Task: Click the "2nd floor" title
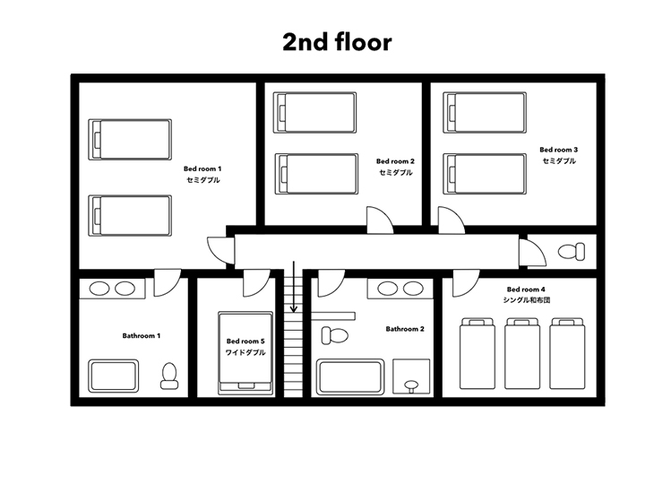[337, 42]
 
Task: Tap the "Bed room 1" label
[202, 169]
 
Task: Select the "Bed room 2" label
[395, 161]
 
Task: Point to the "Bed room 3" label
[558, 150]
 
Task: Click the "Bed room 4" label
[526, 290]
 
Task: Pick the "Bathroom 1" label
[142, 335]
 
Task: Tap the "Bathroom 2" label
[405, 329]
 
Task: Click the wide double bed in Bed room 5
[245, 353]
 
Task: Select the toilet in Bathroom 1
[169, 376]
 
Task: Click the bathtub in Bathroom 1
[114, 376]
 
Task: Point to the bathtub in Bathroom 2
[350, 376]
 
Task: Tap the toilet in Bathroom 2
[335, 335]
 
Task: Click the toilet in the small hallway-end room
[572, 252]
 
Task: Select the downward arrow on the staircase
[294, 287]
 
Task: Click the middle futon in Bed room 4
[522, 353]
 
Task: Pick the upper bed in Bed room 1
[130, 140]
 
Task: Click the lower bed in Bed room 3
[485, 174]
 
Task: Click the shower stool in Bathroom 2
[411, 386]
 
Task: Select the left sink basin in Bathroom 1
[99, 289]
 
